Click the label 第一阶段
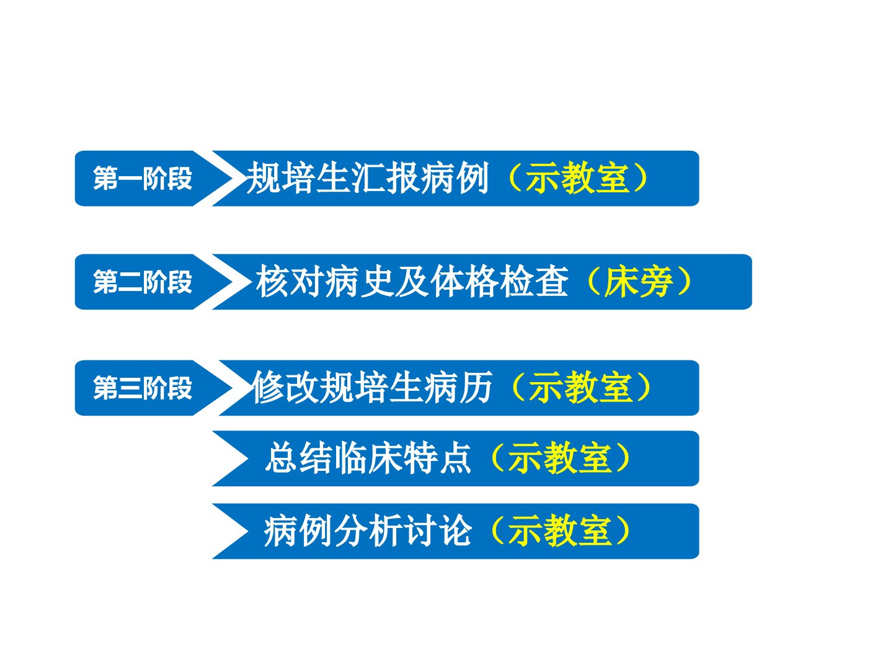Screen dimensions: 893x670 (x=143, y=178)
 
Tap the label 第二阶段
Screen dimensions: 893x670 (x=143, y=282)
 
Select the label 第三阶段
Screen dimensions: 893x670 (x=143, y=388)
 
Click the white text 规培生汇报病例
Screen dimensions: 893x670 (x=368, y=178)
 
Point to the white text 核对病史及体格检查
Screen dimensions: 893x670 (x=412, y=282)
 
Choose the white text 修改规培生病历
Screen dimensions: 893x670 (x=373, y=388)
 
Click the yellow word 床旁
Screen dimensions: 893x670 (x=638, y=282)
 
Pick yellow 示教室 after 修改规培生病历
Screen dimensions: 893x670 (x=581, y=388)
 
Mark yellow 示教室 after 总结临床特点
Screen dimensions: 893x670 (x=560, y=458)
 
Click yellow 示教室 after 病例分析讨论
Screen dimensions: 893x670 (x=560, y=531)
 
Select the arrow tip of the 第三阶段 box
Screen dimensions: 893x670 (x=233, y=388)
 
